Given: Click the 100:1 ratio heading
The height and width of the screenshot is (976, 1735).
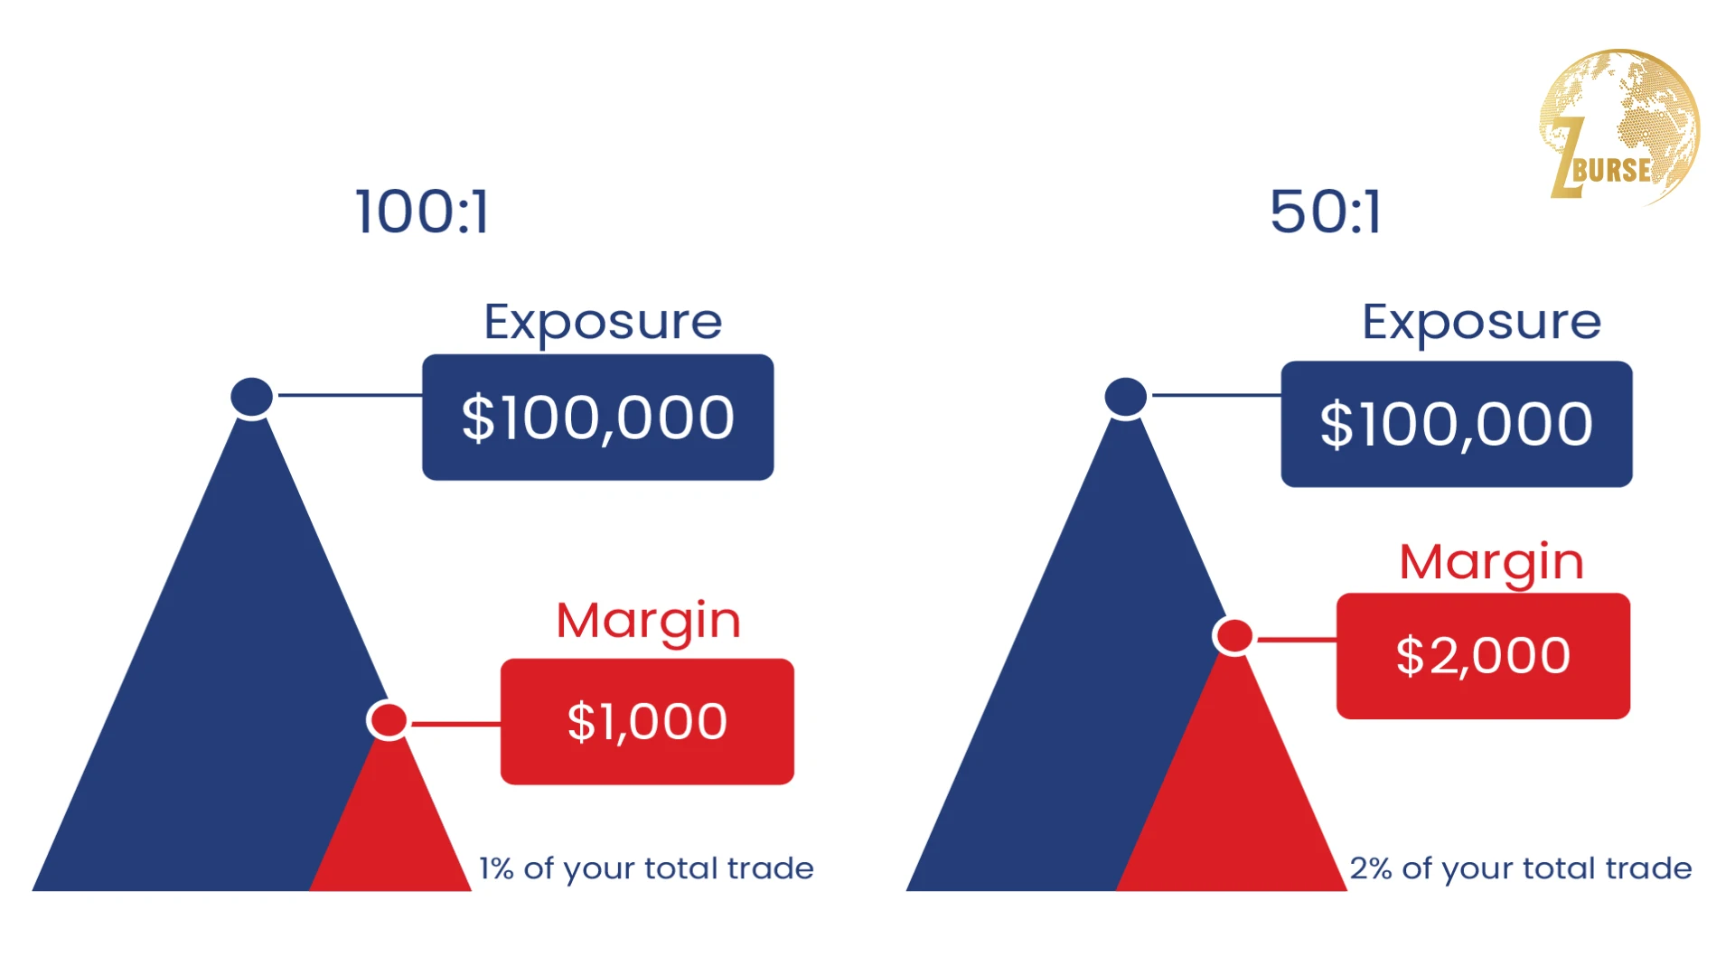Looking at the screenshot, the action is click(422, 212).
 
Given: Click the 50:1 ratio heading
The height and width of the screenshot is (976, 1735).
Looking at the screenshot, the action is click(1326, 212).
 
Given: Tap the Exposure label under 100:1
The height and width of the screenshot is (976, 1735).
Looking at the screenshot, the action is click(603, 323).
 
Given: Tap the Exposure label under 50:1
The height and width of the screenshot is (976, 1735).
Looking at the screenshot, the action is click(1481, 323).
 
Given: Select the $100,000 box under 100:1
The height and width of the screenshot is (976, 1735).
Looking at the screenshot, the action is click(598, 418).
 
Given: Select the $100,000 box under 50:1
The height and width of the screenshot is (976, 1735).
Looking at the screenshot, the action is click(1457, 425).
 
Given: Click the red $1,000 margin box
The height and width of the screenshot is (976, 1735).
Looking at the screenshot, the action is click(647, 722).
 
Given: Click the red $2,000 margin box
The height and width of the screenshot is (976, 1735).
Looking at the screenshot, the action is click(1483, 656).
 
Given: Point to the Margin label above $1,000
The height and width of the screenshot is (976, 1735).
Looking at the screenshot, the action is click(648, 622).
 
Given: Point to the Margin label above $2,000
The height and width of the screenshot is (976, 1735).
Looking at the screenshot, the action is click(1491, 563).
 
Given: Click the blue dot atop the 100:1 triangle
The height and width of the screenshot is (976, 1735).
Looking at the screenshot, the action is click(252, 397).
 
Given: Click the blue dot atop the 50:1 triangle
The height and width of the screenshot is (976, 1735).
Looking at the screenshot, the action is click(1126, 397).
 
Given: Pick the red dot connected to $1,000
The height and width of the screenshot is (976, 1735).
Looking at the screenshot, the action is click(389, 720).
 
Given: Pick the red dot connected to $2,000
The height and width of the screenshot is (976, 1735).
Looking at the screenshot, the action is click(1234, 636).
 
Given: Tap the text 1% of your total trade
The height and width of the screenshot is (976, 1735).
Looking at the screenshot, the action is click(646, 869).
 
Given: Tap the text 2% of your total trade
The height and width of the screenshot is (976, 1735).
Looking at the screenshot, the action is click(1521, 869).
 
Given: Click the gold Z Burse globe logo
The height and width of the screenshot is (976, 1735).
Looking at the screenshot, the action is click(1619, 127).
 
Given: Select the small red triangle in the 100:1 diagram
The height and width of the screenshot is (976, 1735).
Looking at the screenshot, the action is click(390, 831).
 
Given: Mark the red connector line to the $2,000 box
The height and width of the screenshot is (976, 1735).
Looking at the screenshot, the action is click(1297, 640).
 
